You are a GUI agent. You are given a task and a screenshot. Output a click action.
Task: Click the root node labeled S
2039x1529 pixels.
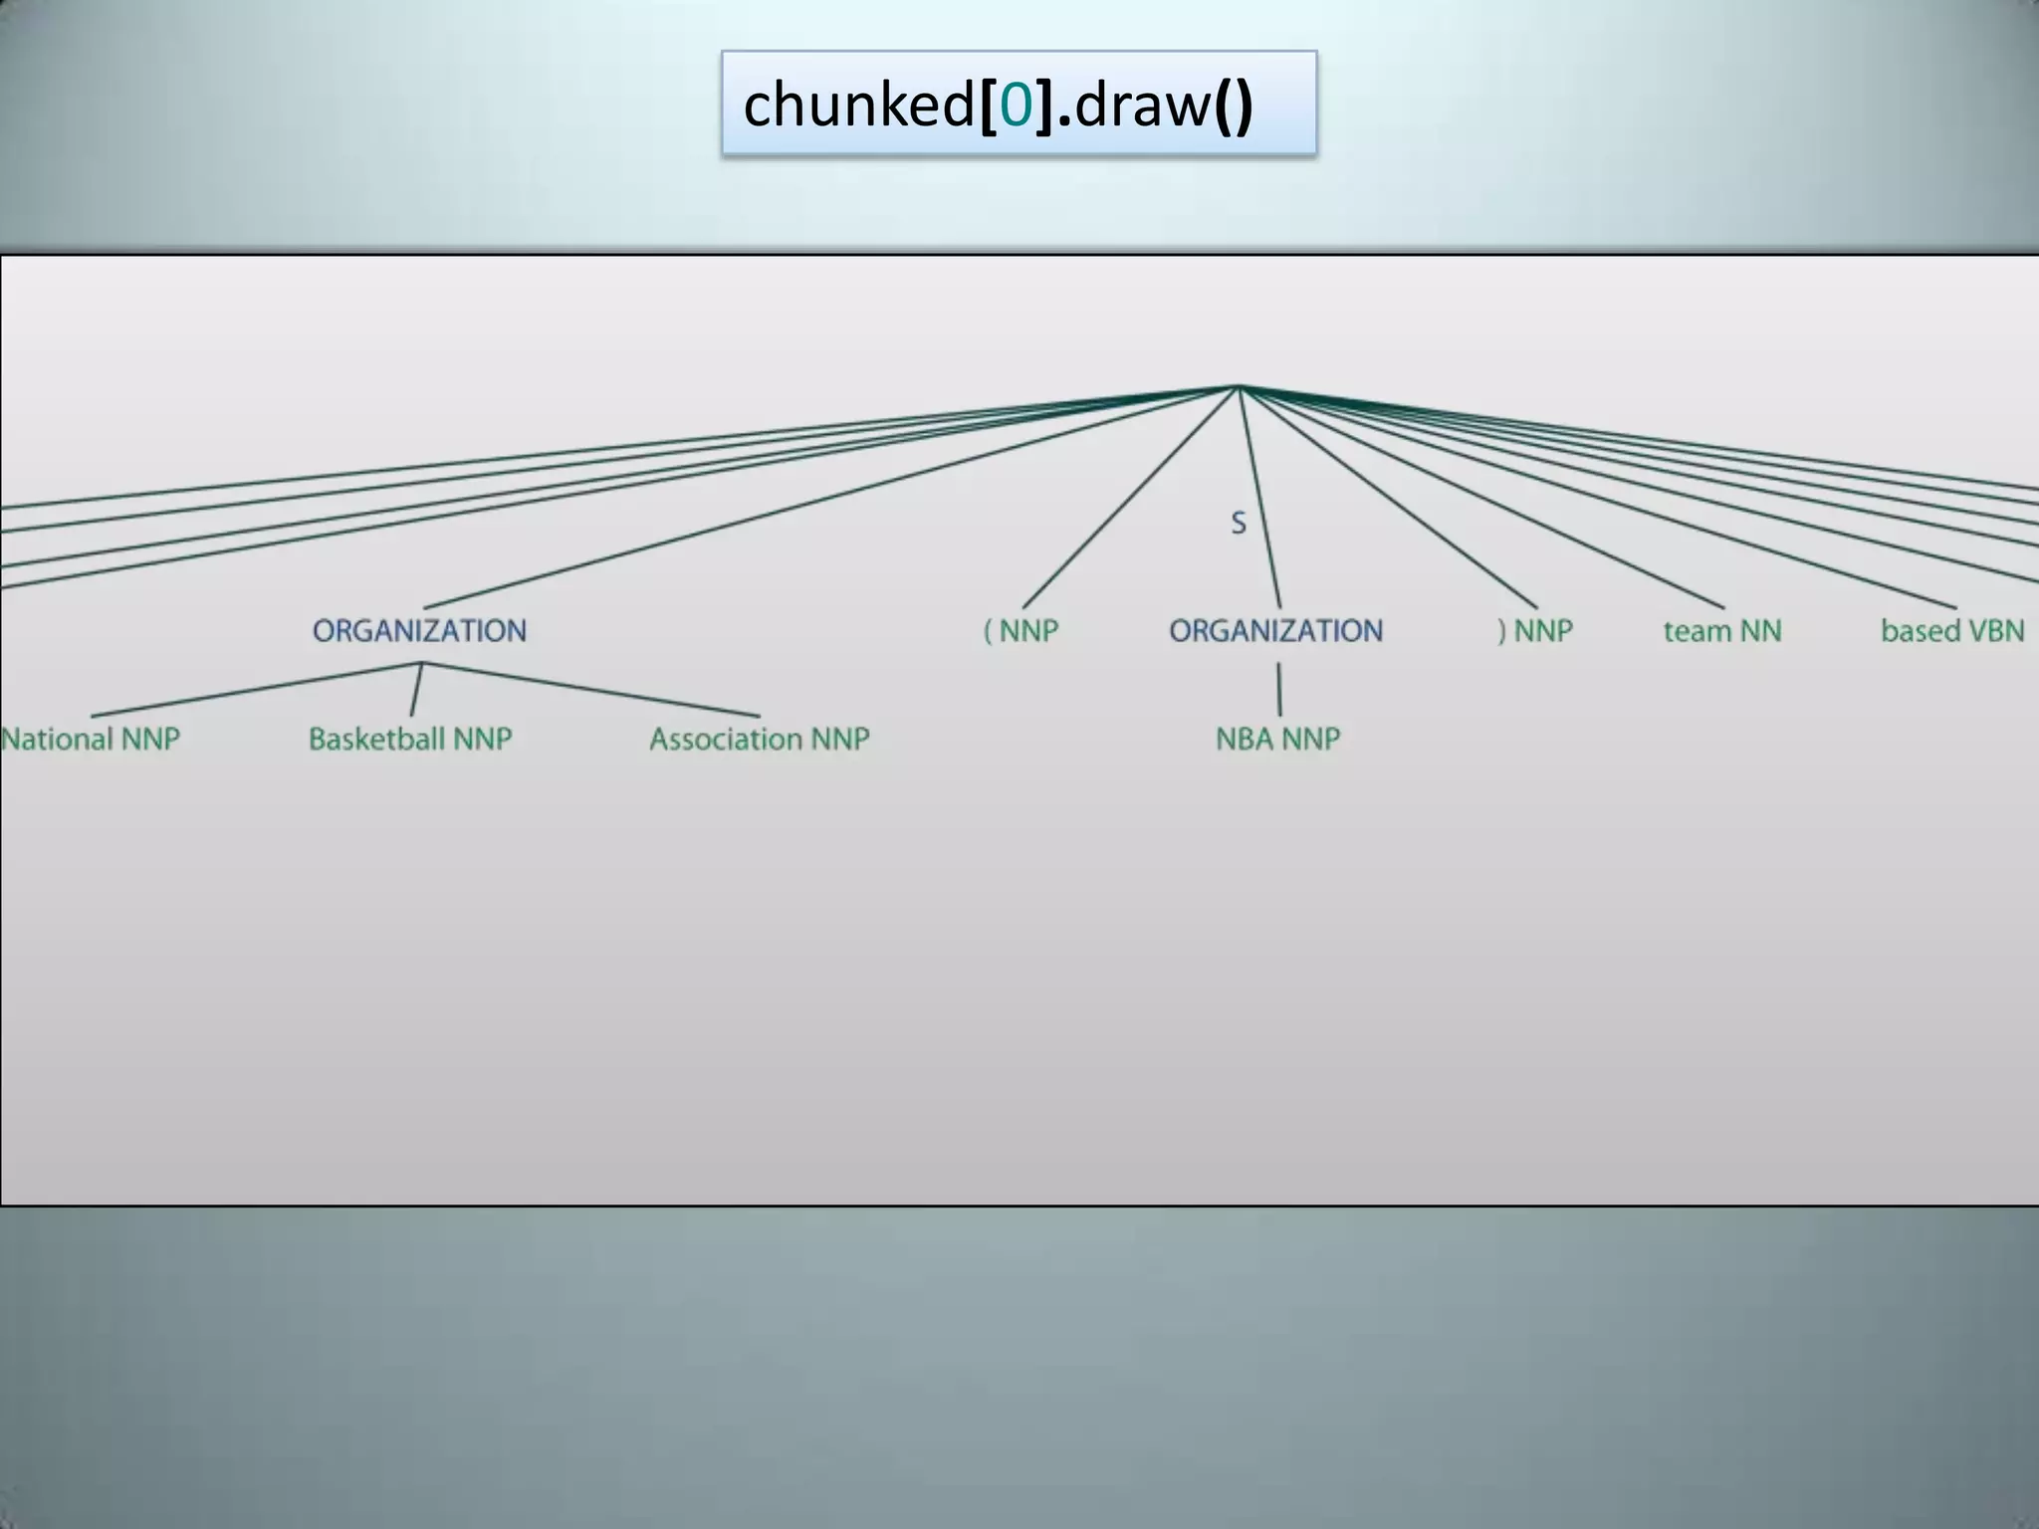(1239, 523)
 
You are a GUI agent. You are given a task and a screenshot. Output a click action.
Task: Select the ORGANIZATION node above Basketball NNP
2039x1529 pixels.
(419, 630)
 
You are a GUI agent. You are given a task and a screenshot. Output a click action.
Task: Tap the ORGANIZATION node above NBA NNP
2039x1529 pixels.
(1275, 630)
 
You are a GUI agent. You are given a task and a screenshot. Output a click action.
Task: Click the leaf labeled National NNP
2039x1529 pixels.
(91, 739)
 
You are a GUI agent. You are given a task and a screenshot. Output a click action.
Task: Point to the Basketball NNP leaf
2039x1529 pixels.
(410, 739)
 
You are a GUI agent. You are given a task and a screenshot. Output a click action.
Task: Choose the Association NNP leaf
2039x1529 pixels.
(759, 739)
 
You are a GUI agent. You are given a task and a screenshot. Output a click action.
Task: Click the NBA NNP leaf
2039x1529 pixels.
(1278, 739)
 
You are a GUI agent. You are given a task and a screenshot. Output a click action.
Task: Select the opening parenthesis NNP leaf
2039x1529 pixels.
(1020, 630)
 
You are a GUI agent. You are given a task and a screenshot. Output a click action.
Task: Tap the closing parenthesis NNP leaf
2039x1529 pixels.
(1535, 630)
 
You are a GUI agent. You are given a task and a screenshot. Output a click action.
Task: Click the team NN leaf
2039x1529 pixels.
(1722, 630)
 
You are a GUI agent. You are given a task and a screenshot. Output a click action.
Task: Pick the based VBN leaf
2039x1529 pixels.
(1951, 630)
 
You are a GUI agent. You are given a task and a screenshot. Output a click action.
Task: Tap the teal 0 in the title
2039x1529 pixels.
(1015, 105)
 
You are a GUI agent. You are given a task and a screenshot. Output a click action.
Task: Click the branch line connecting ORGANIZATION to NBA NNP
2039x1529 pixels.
(1279, 689)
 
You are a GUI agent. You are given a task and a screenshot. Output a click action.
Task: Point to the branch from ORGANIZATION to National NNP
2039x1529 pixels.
(256, 689)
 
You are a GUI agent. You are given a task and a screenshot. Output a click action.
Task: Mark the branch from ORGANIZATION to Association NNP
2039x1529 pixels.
(590, 689)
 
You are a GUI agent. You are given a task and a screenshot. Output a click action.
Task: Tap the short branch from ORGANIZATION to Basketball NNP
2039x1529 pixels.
(416, 689)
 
